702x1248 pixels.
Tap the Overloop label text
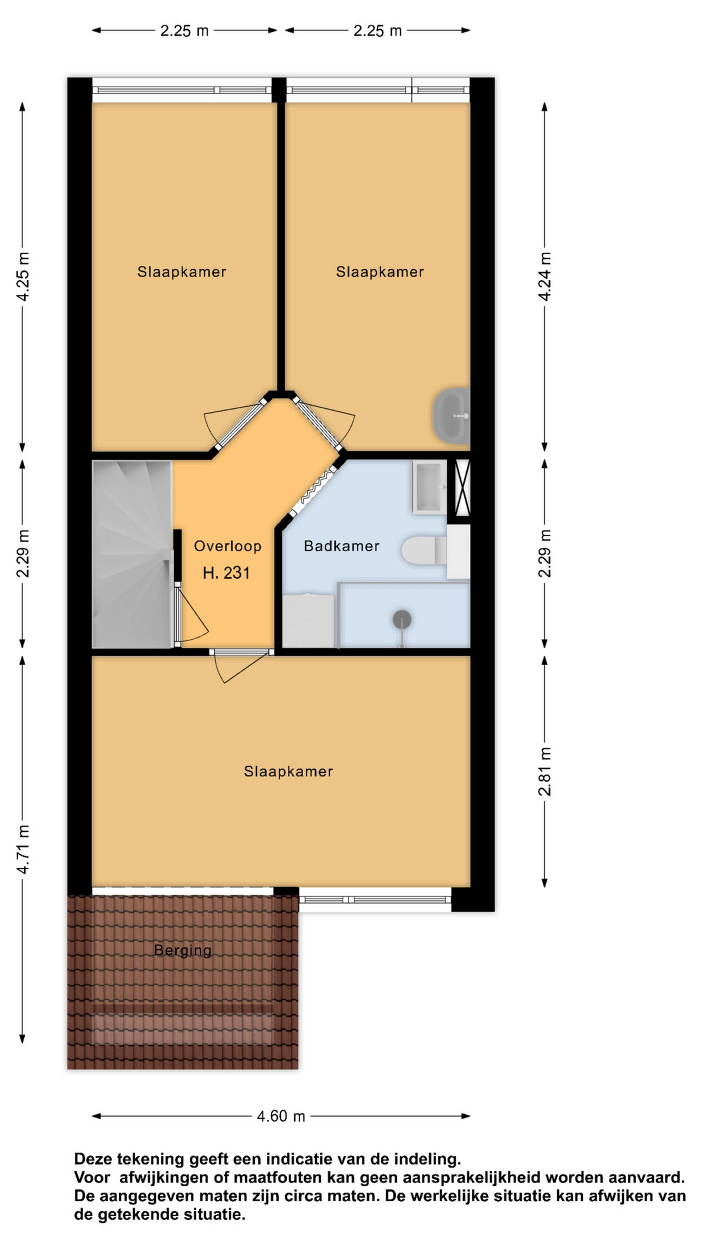click(x=228, y=546)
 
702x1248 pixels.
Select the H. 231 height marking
click(x=226, y=573)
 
